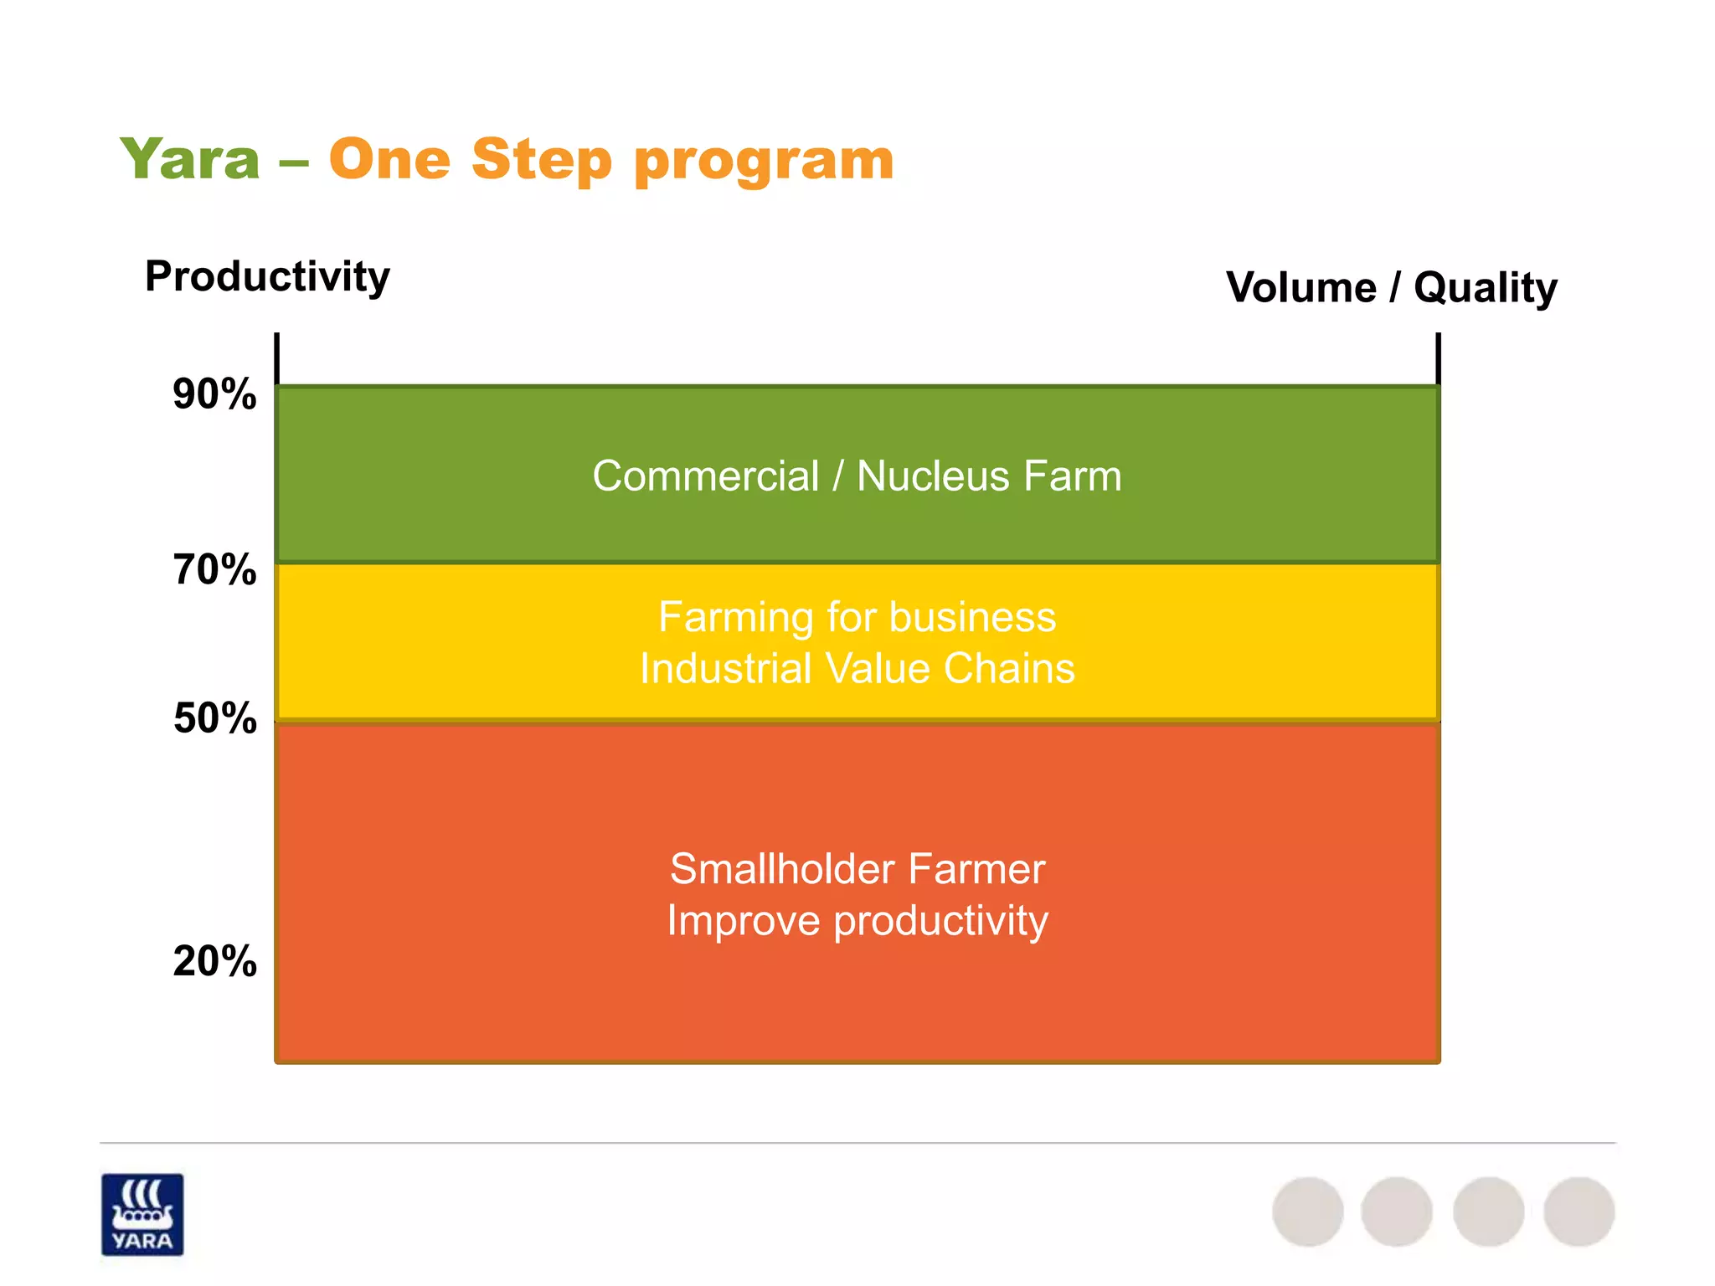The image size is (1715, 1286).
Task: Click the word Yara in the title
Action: click(x=190, y=159)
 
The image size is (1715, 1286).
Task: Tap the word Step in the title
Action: click(x=542, y=159)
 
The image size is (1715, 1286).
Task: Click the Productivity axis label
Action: click(x=267, y=276)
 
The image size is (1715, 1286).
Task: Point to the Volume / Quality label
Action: click(x=1391, y=288)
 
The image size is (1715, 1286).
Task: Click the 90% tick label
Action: click(x=214, y=394)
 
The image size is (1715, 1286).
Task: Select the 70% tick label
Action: click(x=214, y=570)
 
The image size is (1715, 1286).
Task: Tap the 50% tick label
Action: click(x=214, y=718)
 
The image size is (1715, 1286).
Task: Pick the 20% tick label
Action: click(x=214, y=961)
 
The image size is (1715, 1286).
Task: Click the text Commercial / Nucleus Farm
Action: click(x=857, y=476)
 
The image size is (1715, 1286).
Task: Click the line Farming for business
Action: click(x=857, y=618)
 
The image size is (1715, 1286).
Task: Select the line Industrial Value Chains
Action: click(x=857, y=669)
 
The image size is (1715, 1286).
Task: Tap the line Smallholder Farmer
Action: click(x=857, y=869)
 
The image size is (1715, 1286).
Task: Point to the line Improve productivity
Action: click(x=857, y=921)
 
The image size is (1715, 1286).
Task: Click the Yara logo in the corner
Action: click(x=142, y=1214)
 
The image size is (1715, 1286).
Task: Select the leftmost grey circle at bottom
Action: click(x=1307, y=1211)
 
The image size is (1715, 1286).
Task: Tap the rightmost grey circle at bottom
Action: click(x=1579, y=1211)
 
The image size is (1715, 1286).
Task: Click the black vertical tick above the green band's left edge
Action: click(x=276, y=358)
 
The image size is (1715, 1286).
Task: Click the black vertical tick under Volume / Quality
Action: click(x=1438, y=358)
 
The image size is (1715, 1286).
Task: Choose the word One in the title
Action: click(x=389, y=159)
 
